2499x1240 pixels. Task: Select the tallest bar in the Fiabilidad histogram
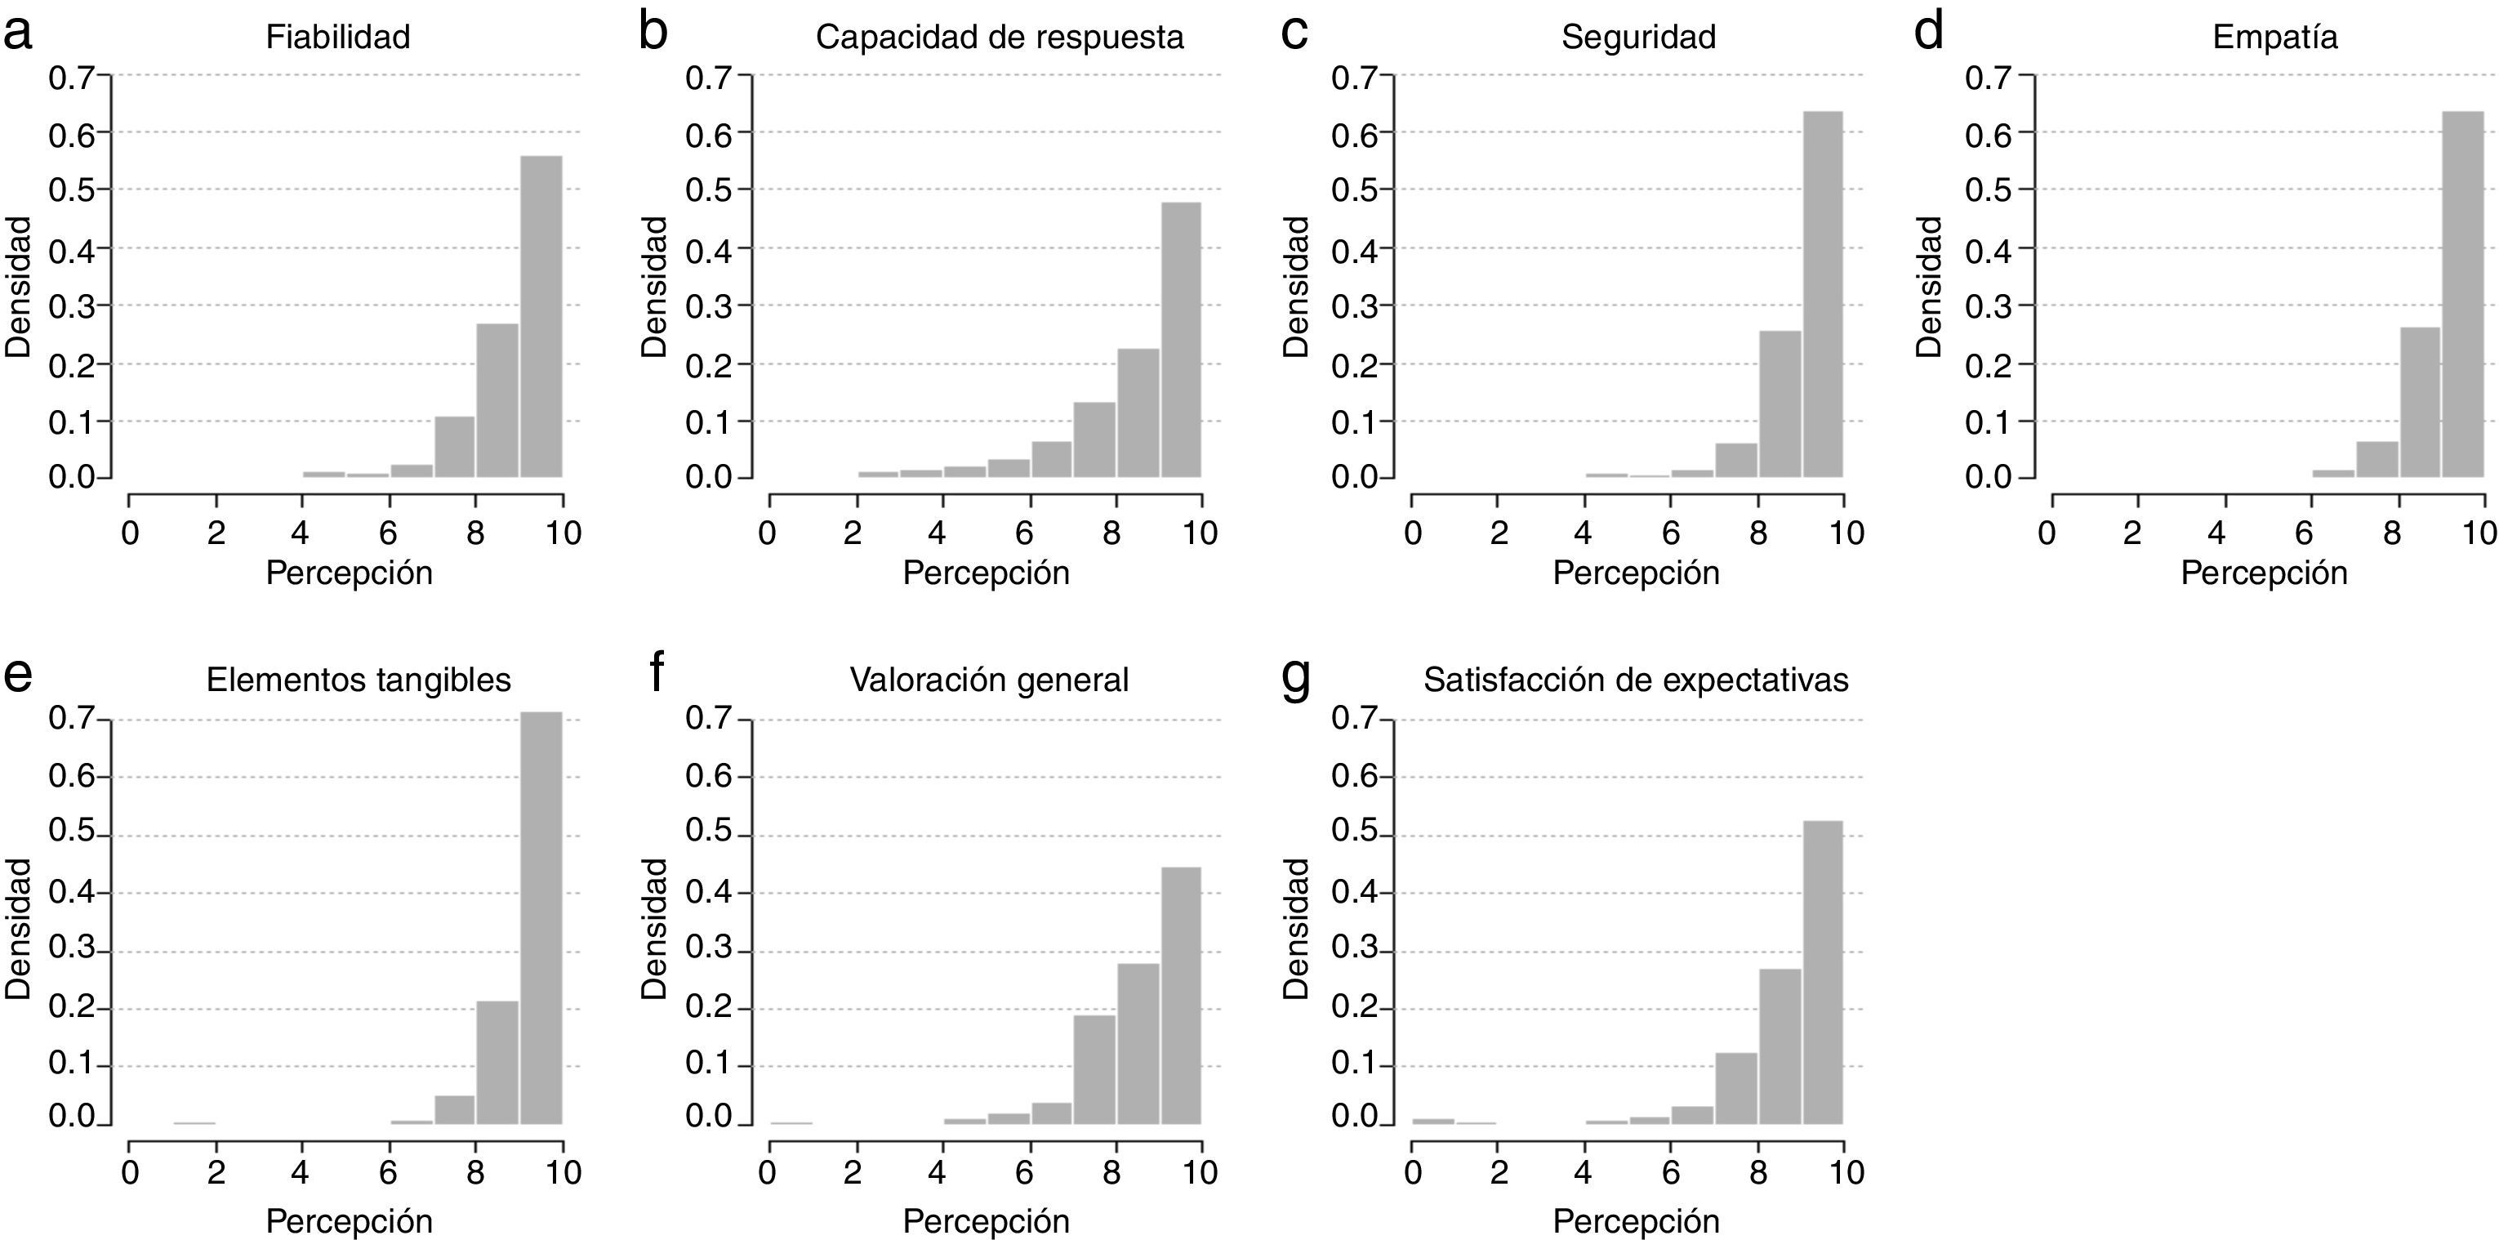point(541,316)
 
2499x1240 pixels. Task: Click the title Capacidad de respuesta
point(1000,37)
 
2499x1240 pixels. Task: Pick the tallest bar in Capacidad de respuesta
point(1181,340)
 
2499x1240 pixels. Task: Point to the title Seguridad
point(1638,37)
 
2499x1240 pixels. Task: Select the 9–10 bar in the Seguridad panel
point(1822,295)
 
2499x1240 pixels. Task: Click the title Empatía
point(2275,37)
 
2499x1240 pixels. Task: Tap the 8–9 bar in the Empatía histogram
point(2420,402)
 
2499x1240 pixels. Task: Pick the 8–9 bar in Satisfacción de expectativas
point(1780,1046)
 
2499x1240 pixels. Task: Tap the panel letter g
point(1296,677)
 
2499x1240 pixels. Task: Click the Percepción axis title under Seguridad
point(1636,573)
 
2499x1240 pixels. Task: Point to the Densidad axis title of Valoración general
point(655,929)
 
